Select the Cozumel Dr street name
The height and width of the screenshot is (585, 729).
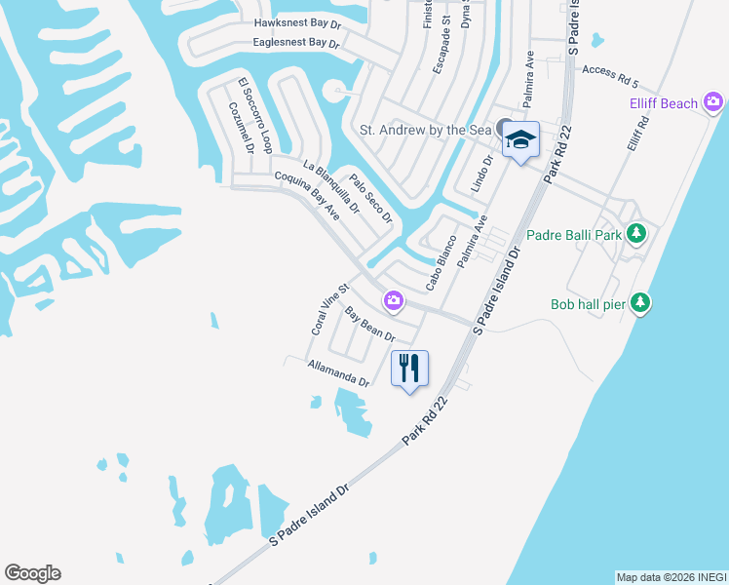[x=242, y=129]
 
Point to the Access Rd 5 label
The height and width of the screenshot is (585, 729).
[x=609, y=70]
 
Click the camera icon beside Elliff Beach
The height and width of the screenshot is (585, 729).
[x=713, y=101]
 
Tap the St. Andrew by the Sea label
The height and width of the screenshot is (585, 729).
[x=426, y=129]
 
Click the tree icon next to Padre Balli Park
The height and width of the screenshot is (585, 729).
[x=636, y=234]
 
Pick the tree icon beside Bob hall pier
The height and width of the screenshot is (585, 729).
[x=639, y=303]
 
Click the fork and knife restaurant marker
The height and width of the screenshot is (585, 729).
[x=409, y=368]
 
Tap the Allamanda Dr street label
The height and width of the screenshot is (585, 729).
[x=338, y=373]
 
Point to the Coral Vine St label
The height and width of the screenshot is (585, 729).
[x=329, y=310]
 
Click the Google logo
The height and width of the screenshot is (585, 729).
[x=32, y=573]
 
